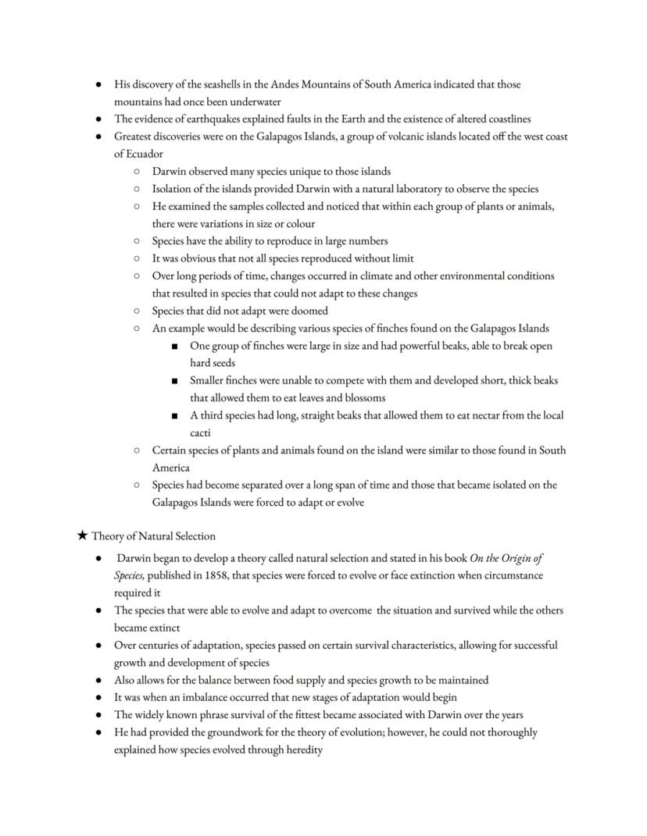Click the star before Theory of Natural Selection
tap(83, 536)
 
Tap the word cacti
tap(200, 432)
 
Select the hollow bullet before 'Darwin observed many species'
tap(136, 172)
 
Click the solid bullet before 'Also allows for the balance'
tap(98, 680)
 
